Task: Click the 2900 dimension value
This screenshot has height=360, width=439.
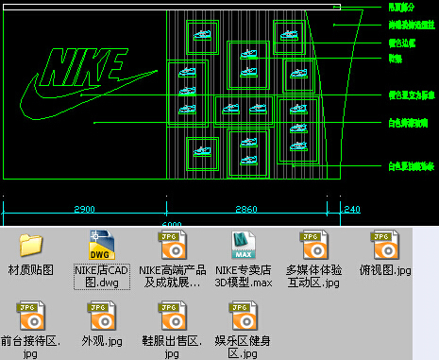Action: (85, 209)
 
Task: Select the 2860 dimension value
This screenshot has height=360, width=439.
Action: (246, 209)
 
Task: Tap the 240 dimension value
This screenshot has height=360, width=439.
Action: (351, 209)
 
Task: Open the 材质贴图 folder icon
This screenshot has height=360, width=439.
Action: (32, 245)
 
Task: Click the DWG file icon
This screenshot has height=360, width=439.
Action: (100, 245)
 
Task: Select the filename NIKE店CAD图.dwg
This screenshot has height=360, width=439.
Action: (101, 276)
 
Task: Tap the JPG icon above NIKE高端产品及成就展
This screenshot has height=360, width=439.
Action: (170, 245)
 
